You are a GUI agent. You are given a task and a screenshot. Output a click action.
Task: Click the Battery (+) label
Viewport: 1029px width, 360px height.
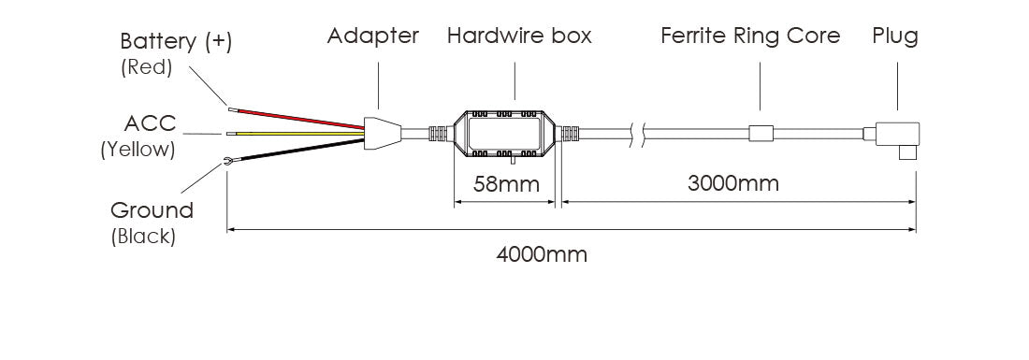176,42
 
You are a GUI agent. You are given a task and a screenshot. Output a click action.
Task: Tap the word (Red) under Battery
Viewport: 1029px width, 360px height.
146,67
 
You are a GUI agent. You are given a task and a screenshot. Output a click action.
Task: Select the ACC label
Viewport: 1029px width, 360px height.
151,122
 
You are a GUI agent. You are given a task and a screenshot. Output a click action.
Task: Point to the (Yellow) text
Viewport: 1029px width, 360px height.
138,150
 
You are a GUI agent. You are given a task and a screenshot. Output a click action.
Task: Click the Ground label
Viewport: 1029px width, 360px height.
152,210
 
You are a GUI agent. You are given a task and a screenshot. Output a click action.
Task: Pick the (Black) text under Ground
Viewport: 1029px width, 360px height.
143,236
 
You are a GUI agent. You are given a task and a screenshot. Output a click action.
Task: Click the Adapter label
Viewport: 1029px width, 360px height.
372,36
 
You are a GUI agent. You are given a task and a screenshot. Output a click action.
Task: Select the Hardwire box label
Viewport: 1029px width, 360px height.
519,36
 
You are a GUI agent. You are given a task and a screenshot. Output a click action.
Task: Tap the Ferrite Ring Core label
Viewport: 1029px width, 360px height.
750,36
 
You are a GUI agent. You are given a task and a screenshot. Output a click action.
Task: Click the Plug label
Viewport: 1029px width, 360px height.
894,36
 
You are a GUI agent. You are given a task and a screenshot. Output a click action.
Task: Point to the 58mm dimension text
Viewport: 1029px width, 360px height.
506,184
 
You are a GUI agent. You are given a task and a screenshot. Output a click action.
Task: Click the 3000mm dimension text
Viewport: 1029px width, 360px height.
733,183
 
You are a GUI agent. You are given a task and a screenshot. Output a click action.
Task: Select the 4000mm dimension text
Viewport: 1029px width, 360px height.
542,254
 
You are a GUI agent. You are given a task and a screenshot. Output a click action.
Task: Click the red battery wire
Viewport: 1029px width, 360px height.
297,118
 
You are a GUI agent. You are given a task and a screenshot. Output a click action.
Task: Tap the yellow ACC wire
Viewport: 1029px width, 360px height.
296,134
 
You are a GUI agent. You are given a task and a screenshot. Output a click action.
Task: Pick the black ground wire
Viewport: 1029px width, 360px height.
296,151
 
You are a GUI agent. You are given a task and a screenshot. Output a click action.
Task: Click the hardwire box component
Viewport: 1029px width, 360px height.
504,135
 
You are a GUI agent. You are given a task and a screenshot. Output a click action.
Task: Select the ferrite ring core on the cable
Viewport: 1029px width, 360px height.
760,134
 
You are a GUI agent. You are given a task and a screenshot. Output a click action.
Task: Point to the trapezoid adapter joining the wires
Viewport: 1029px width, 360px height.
382,135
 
